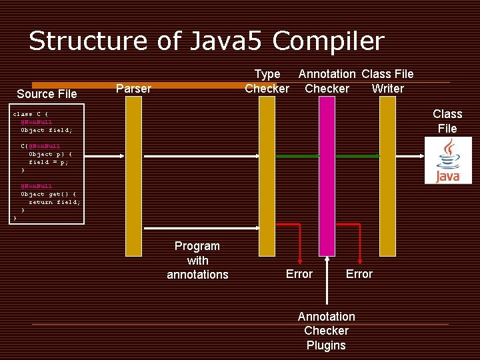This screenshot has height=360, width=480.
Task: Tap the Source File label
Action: (x=47, y=94)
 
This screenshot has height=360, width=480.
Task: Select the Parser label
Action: (x=133, y=89)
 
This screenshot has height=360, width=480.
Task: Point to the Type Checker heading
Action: (x=267, y=81)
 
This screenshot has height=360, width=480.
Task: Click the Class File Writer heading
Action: (x=387, y=81)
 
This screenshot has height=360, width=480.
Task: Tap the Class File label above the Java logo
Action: (x=447, y=121)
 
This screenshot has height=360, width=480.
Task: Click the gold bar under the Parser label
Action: (x=134, y=177)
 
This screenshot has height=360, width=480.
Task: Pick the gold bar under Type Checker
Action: (x=267, y=177)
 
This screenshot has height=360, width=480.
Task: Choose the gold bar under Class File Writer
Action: (x=387, y=177)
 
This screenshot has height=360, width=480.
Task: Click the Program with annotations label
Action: (x=197, y=260)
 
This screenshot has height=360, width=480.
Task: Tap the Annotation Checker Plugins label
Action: (x=326, y=331)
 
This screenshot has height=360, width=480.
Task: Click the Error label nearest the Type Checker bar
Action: (x=299, y=274)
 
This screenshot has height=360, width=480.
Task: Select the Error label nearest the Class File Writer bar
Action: (x=359, y=274)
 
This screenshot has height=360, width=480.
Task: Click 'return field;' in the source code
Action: (x=54, y=202)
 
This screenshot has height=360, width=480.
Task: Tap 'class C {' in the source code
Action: (x=31, y=114)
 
